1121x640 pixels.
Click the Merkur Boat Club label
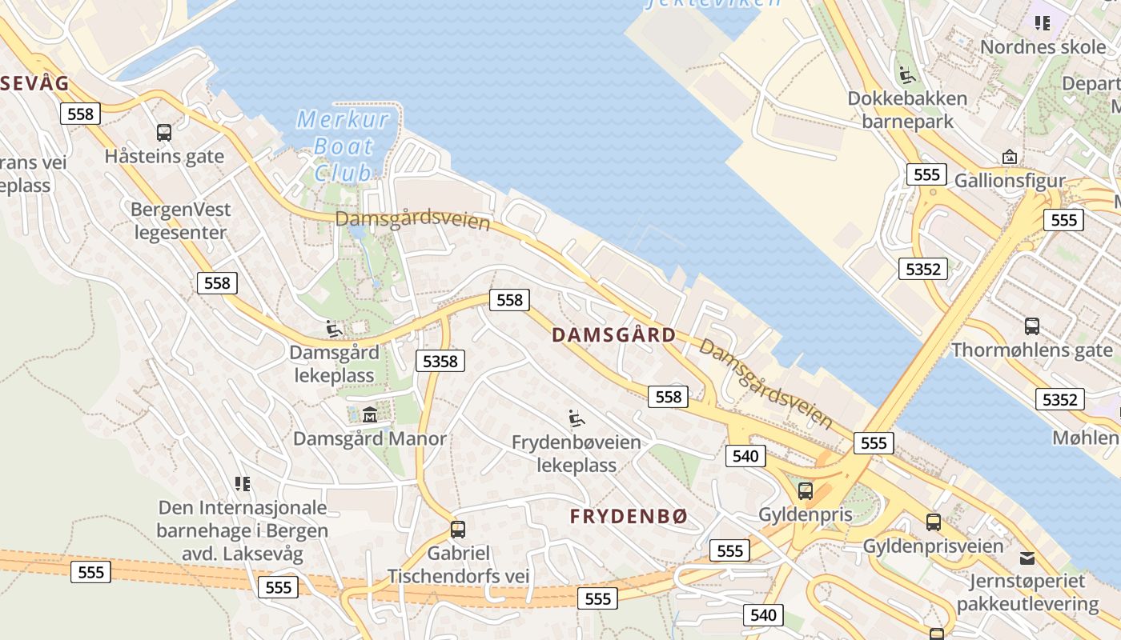343,146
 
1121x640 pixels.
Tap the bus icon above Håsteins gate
164,132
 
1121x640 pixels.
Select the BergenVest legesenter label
182,221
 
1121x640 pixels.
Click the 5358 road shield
440,362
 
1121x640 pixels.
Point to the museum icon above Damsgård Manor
370,414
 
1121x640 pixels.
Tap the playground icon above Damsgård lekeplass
334,328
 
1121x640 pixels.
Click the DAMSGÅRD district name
614,335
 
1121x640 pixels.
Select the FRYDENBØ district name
629,517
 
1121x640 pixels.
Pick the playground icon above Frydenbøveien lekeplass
576,418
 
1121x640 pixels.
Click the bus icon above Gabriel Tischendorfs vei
458,529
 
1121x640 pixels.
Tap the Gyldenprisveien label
933,546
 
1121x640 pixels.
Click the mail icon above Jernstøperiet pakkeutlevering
1027,558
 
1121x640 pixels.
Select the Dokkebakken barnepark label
908,110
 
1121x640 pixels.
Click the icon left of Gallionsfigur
1009,157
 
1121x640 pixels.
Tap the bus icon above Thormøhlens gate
1032,326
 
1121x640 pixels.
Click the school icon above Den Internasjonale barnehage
243,483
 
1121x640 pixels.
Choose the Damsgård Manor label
370,438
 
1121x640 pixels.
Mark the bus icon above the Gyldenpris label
806,490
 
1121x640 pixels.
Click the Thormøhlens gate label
1032,350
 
